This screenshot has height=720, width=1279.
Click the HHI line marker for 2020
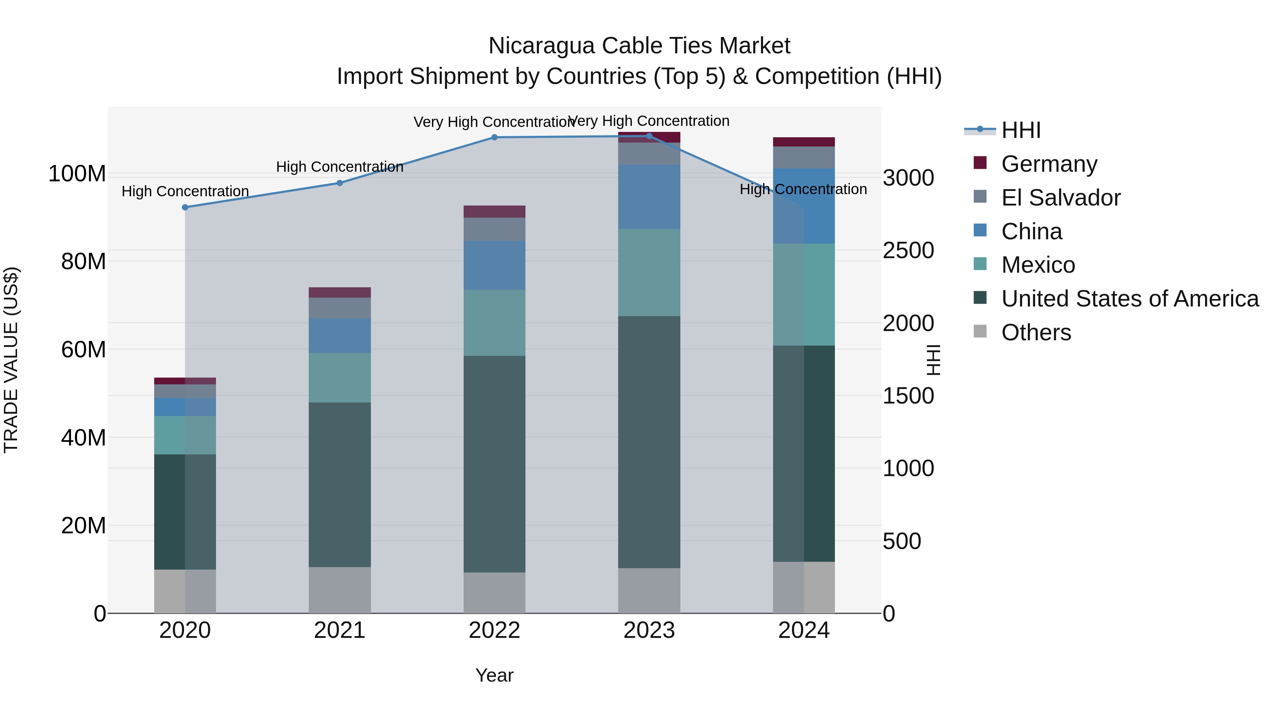coord(185,207)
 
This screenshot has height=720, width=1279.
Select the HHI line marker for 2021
coord(340,183)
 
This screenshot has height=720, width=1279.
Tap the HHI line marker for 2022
coord(494,137)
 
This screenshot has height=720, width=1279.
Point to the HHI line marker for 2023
coord(649,136)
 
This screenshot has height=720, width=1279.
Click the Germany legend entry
coord(1049,164)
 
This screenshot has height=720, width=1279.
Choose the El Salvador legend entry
coord(1061,198)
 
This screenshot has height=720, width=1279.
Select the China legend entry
coord(1031,231)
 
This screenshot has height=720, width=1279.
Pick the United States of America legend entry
coord(1129,299)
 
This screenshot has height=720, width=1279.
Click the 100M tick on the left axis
coord(77,174)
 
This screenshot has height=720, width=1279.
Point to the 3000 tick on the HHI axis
coord(908,178)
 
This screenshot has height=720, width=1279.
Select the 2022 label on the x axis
coord(494,630)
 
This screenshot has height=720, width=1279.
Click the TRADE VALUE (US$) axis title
coord(11,360)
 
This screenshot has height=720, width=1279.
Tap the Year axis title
coord(494,675)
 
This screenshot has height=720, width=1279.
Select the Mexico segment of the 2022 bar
coord(494,322)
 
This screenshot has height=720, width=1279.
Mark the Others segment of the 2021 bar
coord(340,590)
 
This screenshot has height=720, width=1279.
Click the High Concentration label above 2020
coord(185,191)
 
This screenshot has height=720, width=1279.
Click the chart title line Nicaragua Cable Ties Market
coord(639,46)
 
